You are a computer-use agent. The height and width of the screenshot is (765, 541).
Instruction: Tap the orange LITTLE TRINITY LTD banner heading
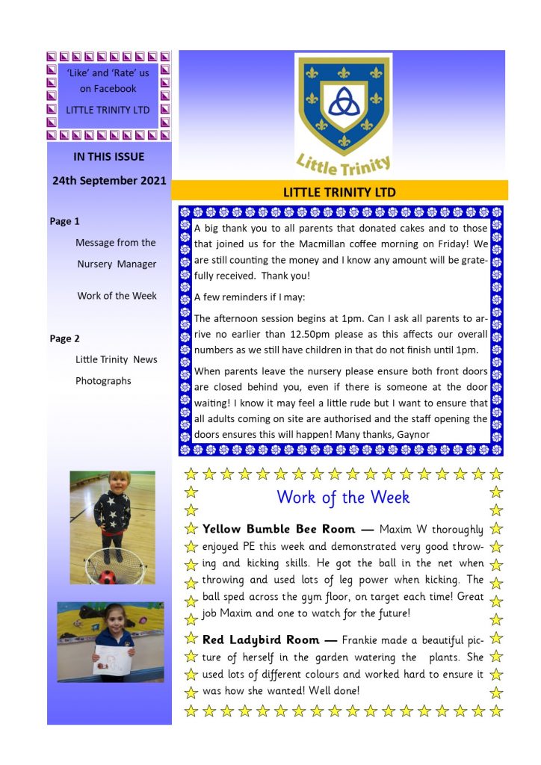click(x=339, y=192)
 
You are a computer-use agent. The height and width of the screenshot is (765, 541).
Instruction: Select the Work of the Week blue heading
click(x=343, y=497)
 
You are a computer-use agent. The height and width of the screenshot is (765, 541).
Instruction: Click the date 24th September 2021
click(x=109, y=181)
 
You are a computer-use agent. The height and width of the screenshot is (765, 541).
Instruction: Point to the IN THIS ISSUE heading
click(x=109, y=157)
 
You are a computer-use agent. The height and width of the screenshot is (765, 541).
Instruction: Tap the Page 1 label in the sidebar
click(x=65, y=221)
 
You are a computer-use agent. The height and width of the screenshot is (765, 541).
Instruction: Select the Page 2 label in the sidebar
click(x=65, y=338)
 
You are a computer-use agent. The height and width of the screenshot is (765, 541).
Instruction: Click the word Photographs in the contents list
click(x=103, y=381)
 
